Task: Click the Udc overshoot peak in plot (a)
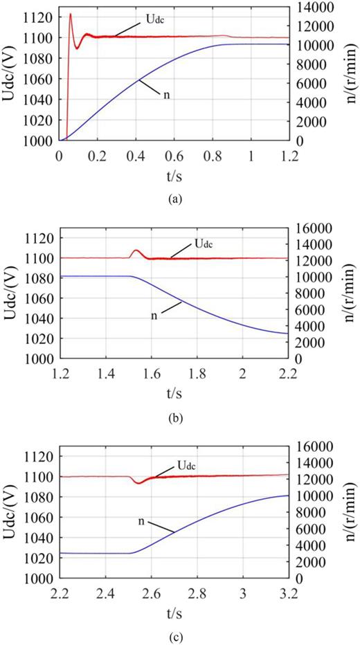71,15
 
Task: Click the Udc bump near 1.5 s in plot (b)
136,251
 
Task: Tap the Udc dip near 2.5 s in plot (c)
138,482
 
